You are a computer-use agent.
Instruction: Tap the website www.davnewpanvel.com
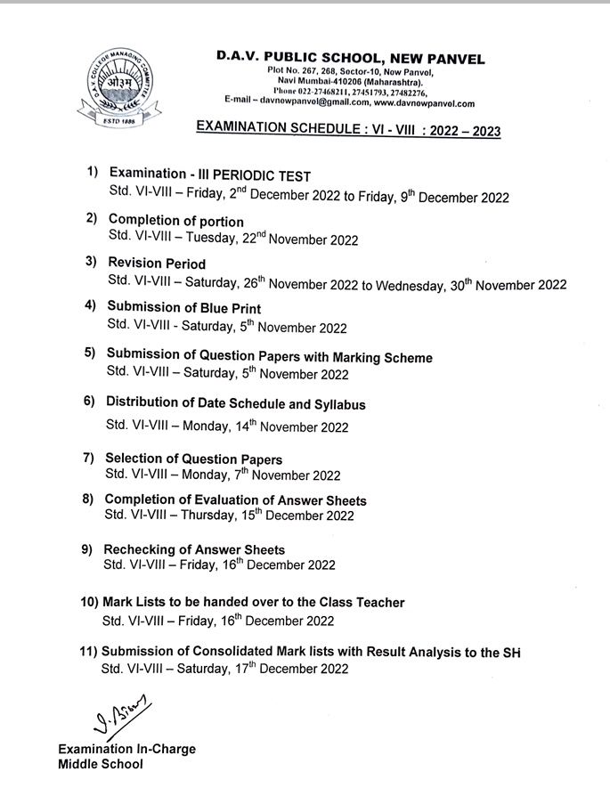tap(419, 103)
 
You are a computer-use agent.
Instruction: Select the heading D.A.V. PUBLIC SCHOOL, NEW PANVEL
tap(350, 59)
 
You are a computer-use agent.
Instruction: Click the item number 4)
tap(90, 305)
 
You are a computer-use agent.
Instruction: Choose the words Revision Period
tap(157, 264)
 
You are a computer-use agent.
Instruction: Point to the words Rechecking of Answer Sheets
tap(194, 549)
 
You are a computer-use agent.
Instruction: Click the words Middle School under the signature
tap(100, 765)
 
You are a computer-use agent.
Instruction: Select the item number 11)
tap(87, 652)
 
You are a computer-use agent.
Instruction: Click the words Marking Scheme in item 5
tap(380, 357)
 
